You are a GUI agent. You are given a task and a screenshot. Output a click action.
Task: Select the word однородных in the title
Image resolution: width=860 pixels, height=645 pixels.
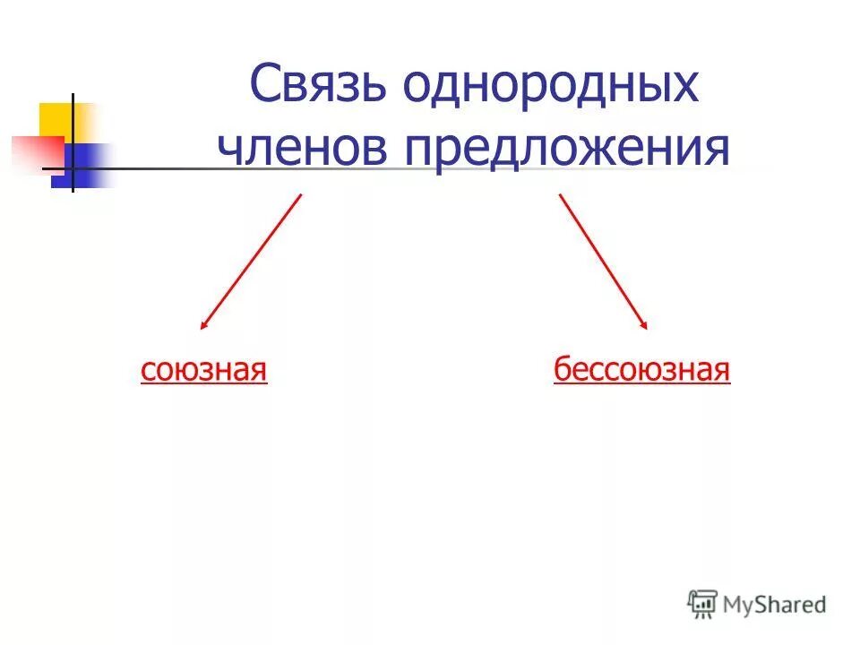tap(549, 88)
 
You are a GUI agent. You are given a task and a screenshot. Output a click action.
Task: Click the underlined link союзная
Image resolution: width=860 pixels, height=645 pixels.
tap(204, 369)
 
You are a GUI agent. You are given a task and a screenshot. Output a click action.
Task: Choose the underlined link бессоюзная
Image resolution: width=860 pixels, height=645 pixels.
tap(641, 369)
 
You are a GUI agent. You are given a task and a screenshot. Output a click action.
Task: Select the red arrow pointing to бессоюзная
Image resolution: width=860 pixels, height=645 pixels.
tap(601, 260)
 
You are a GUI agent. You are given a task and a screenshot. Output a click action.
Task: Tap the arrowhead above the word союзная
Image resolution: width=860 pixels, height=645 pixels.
tap(204, 325)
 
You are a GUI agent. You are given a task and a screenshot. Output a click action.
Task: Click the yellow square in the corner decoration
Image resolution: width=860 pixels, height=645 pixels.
tap(56, 120)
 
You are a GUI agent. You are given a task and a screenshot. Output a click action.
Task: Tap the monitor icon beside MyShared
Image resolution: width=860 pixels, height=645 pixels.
tap(703, 604)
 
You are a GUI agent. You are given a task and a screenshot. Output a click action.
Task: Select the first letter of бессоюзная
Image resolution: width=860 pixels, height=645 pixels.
tap(562, 369)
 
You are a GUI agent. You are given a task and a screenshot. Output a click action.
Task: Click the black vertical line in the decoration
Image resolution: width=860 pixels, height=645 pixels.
tap(73, 143)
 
